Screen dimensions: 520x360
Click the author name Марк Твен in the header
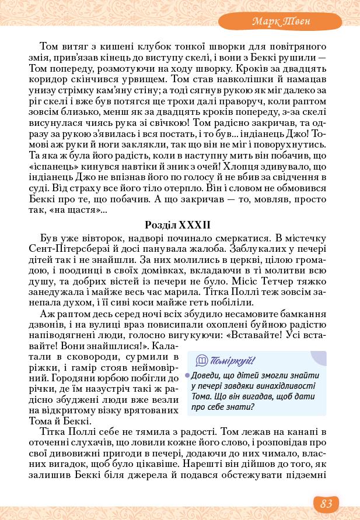click(281, 22)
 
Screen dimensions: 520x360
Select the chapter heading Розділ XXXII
click(177, 224)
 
